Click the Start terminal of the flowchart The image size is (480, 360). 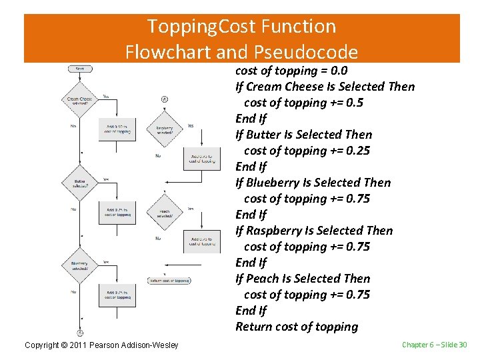click(x=79, y=67)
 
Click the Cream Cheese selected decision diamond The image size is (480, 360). click(x=79, y=100)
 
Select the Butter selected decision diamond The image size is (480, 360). click(x=79, y=181)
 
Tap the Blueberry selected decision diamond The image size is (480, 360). click(x=79, y=265)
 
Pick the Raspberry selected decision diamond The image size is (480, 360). click(x=164, y=130)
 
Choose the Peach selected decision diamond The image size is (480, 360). click(x=164, y=213)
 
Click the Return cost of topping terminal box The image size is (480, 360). click(x=169, y=281)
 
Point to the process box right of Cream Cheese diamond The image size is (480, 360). click(x=118, y=129)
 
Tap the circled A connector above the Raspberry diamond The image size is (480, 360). click(x=164, y=99)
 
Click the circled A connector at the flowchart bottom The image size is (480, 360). click(x=79, y=331)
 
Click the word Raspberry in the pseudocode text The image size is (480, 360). click(x=273, y=231)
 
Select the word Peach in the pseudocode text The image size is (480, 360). click(x=262, y=279)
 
